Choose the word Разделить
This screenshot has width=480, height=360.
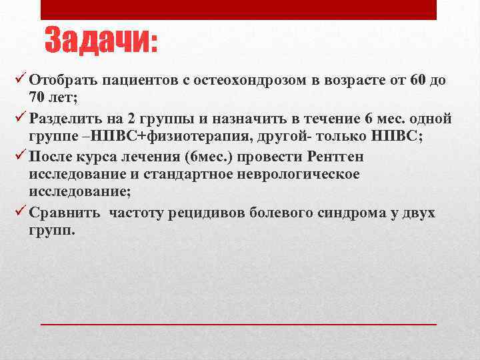[x=66, y=119]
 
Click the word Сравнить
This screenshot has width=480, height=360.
[x=65, y=213]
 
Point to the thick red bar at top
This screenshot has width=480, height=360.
[x=239, y=9]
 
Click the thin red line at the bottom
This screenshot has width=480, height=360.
[x=239, y=323]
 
